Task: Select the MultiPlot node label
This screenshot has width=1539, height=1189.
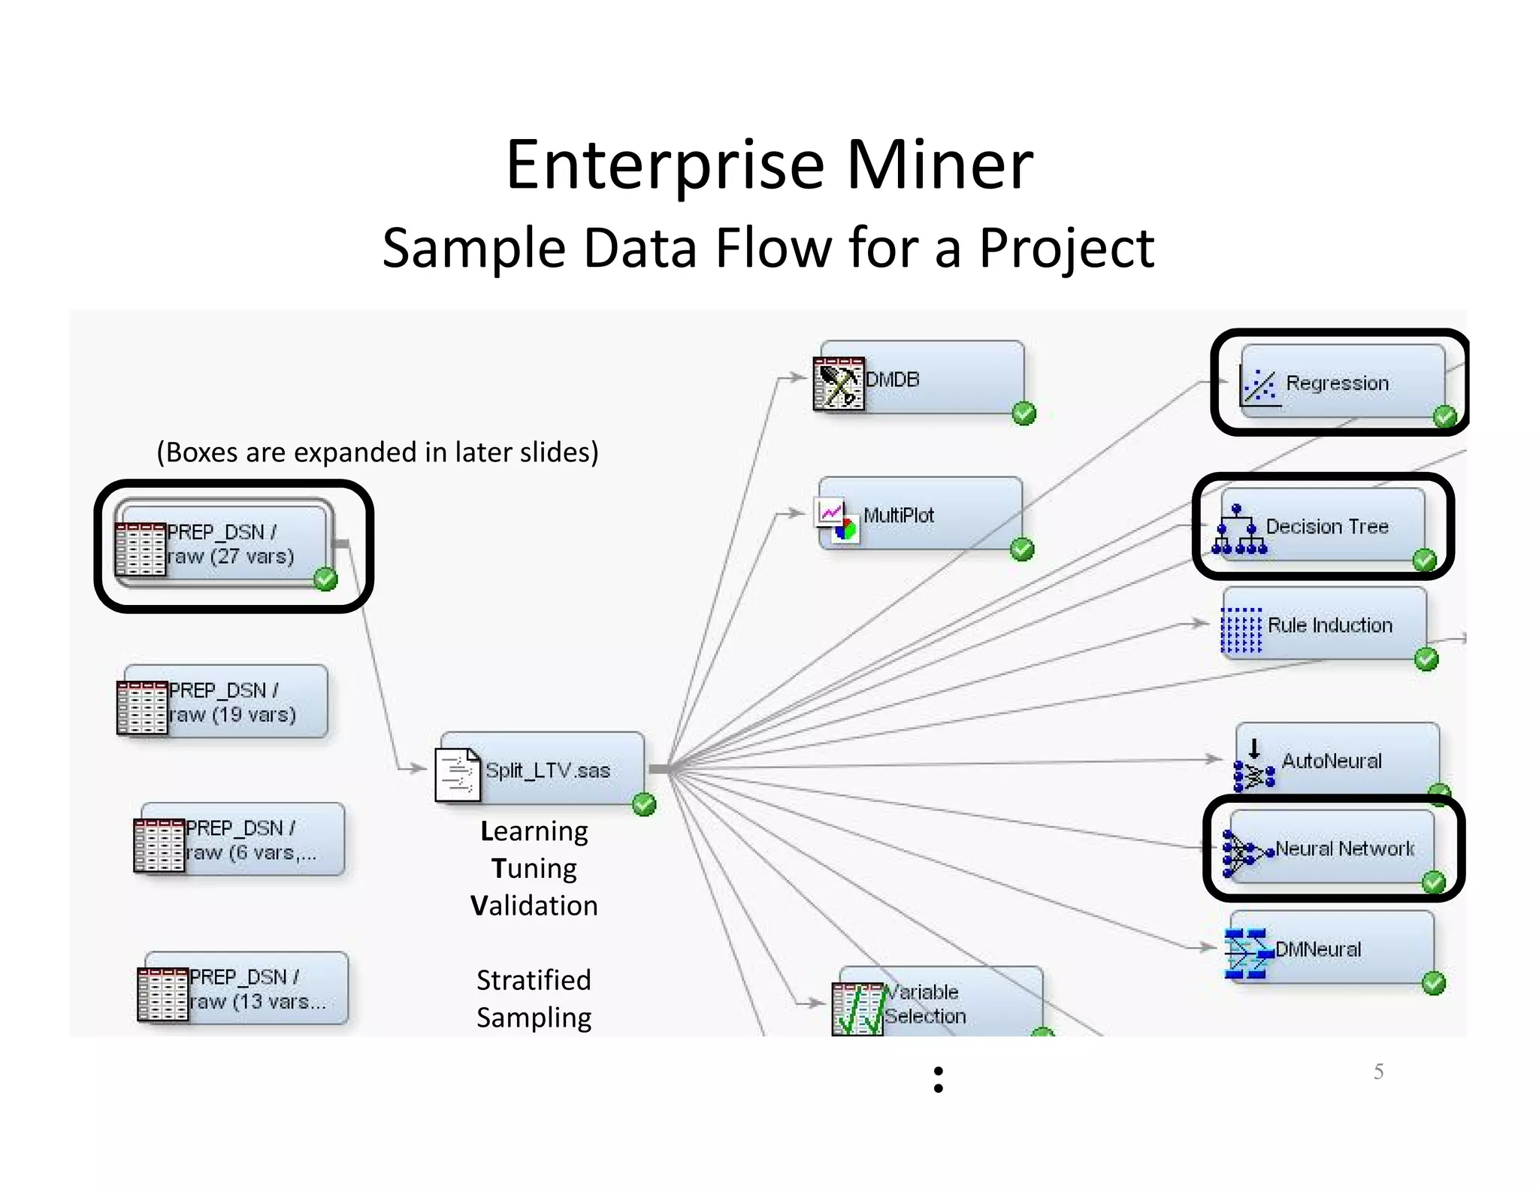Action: (x=898, y=516)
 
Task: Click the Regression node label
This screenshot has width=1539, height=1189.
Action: (x=1337, y=383)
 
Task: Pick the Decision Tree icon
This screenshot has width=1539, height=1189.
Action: (x=1238, y=529)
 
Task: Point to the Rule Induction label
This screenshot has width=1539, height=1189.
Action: (x=1329, y=625)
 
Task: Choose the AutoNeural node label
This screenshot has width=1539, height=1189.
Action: (x=1331, y=761)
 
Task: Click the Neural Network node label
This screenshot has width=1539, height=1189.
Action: (x=1344, y=849)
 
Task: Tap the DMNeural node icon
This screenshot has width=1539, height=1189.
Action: (x=1246, y=954)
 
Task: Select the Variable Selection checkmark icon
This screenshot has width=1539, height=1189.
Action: (x=857, y=1009)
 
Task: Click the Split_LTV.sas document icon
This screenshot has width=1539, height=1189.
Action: (x=457, y=774)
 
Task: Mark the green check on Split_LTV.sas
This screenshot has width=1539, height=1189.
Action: (x=644, y=805)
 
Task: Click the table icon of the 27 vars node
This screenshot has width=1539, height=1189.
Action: (x=140, y=549)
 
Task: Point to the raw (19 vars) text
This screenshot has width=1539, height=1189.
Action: (x=232, y=715)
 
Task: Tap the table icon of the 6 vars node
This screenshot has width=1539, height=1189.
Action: (x=159, y=846)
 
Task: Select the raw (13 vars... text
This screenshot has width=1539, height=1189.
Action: (x=258, y=1002)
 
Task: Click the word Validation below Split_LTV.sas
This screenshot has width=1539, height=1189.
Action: (x=534, y=906)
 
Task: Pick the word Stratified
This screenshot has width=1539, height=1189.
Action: (x=534, y=980)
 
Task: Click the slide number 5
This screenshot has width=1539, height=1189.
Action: (x=1378, y=1071)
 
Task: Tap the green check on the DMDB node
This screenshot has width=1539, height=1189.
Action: (x=1023, y=413)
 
